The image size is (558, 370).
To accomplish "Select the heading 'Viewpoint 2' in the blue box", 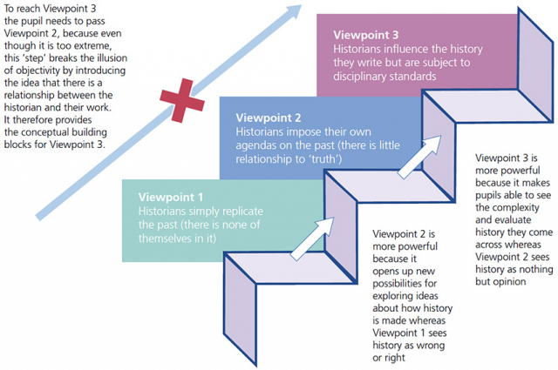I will point(269,117).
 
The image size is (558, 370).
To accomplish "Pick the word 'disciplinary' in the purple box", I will point(364,77).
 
